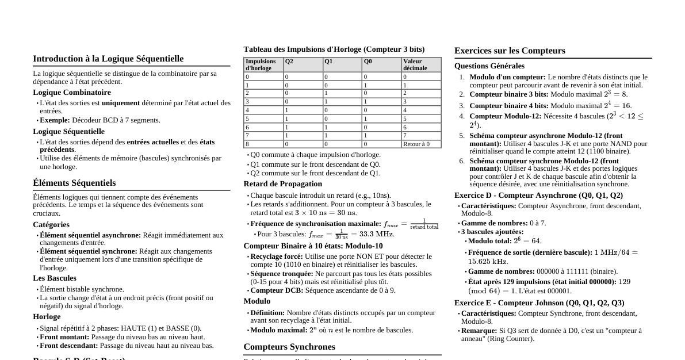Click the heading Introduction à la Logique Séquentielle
click(108, 59)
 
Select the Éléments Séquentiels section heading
click(74, 183)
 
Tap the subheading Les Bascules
click(55, 278)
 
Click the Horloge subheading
click(47, 317)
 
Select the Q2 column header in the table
click(289, 61)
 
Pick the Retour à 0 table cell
click(416, 144)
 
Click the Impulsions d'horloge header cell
click(261, 64)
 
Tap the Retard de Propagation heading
click(282, 184)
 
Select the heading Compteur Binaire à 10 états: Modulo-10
click(313, 246)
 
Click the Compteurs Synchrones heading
click(289, 347)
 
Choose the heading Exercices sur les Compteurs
click(510, 51)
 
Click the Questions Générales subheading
click(489, 66)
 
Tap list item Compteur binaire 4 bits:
click(509, 106)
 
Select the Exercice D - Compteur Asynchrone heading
click(538, 196)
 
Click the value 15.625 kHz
click(488, 262)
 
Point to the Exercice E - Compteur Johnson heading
click(539, 303)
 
